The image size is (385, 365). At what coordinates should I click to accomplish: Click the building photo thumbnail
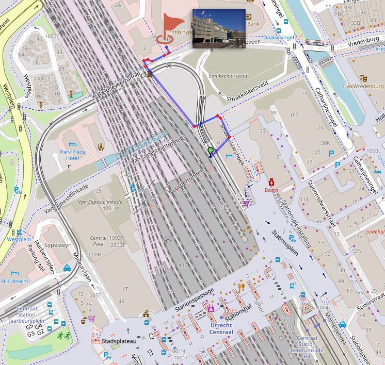219,28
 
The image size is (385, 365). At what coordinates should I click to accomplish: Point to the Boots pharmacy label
271,190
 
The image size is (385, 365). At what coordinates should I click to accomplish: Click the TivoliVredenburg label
363,86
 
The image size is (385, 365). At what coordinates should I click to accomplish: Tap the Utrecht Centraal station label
221,328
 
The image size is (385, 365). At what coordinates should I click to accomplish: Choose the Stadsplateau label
119,341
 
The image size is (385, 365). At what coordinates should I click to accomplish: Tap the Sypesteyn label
57,245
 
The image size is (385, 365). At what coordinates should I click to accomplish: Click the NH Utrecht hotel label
14,281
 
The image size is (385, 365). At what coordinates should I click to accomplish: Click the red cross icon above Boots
271,181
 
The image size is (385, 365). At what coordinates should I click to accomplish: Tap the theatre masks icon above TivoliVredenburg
363,78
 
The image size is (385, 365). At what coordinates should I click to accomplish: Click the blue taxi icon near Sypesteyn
67,268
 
